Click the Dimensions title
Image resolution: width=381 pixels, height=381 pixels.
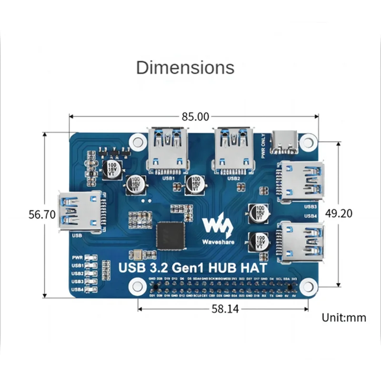tap(185, 67)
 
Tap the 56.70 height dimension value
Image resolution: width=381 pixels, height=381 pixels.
tap(41, 214)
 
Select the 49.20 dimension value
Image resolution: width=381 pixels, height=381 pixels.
tap(339, 213)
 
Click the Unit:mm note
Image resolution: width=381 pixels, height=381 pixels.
tap(344, 317)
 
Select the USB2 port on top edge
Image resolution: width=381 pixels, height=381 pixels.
tap(232, 150)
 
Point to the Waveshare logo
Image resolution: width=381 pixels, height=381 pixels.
tap(216, 228)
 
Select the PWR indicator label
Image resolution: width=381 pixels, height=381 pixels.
tap(77, 257)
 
